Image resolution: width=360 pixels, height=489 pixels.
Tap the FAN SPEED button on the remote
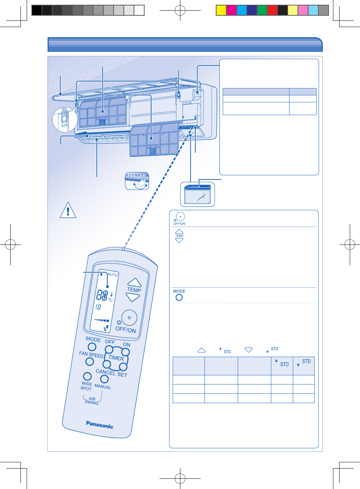(x=89, y=361)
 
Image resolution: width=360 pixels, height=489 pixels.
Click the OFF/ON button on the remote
(x=129, y=318)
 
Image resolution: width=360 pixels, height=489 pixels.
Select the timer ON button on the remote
(x=126, y=352)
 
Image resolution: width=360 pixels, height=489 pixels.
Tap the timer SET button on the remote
(x=123, y=367)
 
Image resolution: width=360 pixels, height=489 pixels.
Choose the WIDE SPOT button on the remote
(x=87, y=376)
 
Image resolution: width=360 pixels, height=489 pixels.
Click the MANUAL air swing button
(x=104, y=379)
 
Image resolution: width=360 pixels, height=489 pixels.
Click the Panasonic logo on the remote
(x=100, y=425)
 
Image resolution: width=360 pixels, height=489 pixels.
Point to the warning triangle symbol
(x=68, y=210)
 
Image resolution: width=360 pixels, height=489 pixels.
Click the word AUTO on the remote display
(x=113, y=274)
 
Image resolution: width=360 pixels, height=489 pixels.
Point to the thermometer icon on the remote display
(x=111, y=293)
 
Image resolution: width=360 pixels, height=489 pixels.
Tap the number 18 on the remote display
(x=98, y=307)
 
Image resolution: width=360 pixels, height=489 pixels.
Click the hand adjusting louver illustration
(x=137, y=181)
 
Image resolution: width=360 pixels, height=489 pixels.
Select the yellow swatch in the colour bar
(x=221, y=10)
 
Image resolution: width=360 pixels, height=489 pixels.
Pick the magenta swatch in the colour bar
(x=231, y=10)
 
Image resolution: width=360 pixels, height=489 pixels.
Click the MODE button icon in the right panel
(x=179, y=297)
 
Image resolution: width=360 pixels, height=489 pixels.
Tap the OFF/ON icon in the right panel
(x=180, y=217)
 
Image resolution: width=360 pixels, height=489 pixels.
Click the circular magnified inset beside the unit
(x=65, y=120)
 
